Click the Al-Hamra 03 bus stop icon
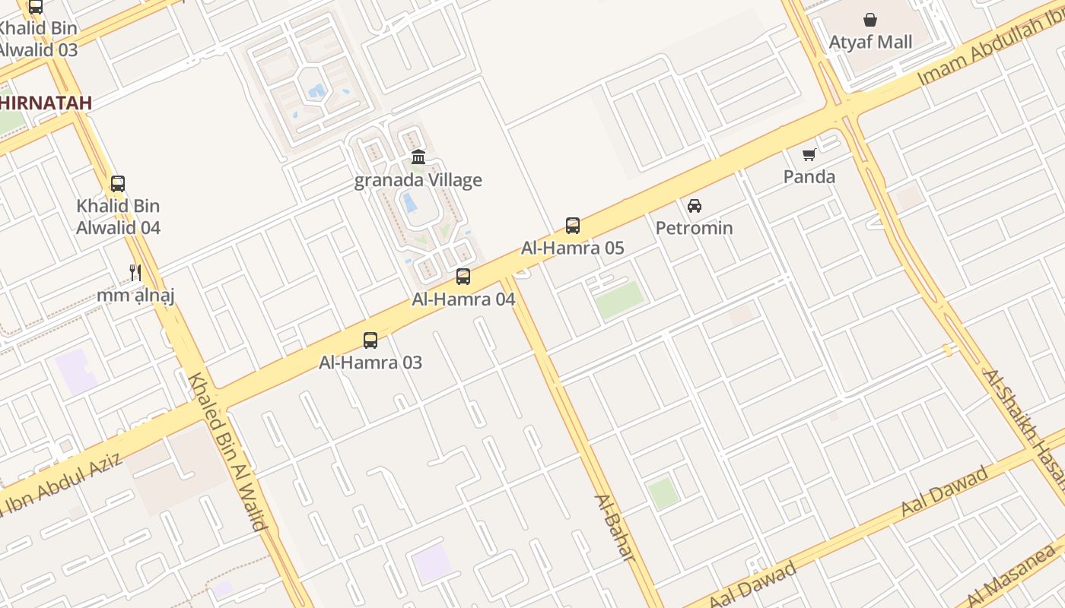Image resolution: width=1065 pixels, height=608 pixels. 370,340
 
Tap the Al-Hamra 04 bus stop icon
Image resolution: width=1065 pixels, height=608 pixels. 463,277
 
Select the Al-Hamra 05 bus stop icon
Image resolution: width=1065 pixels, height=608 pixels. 573,225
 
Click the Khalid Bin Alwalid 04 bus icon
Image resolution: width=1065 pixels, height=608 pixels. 118,183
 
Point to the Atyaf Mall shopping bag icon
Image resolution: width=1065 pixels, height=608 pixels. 870,20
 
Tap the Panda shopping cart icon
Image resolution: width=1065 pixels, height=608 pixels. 809,154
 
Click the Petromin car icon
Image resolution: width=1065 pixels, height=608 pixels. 694,205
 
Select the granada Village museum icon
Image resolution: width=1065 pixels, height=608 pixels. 418,157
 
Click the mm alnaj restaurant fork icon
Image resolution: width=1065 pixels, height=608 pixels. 135,272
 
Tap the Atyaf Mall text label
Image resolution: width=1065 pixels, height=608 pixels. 870,43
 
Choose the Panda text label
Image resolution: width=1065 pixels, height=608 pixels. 809,177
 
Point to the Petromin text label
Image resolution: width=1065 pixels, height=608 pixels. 694,228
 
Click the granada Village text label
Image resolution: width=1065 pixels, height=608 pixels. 418,180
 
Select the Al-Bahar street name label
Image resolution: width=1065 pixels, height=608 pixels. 614,528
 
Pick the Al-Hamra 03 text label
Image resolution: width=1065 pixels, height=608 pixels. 370,363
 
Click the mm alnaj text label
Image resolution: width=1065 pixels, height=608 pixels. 135,295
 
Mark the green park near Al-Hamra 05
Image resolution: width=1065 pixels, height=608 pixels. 618,299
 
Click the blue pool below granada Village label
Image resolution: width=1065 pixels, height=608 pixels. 409,203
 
